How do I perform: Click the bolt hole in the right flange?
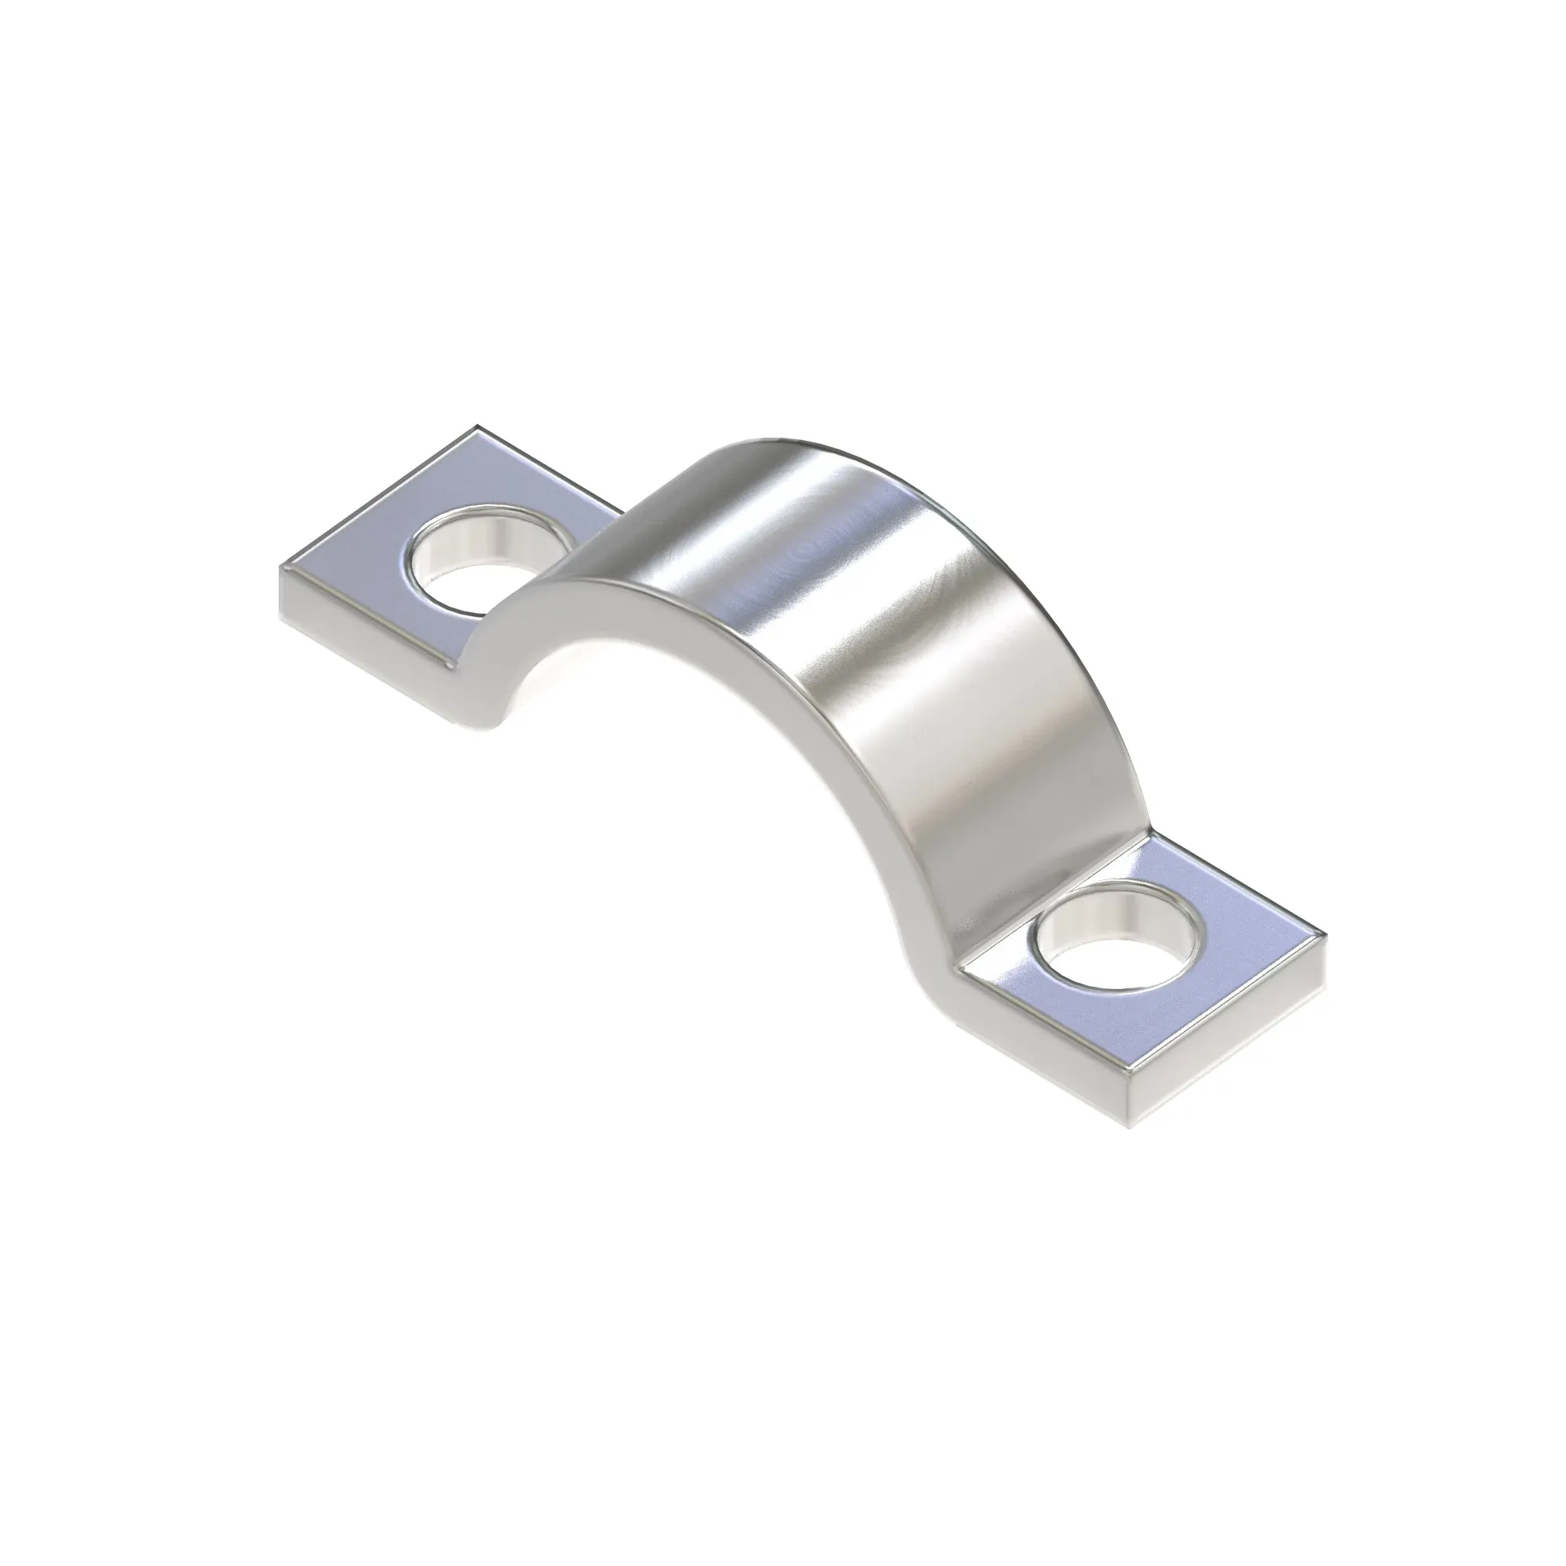1114,944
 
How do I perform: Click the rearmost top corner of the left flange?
477,425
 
